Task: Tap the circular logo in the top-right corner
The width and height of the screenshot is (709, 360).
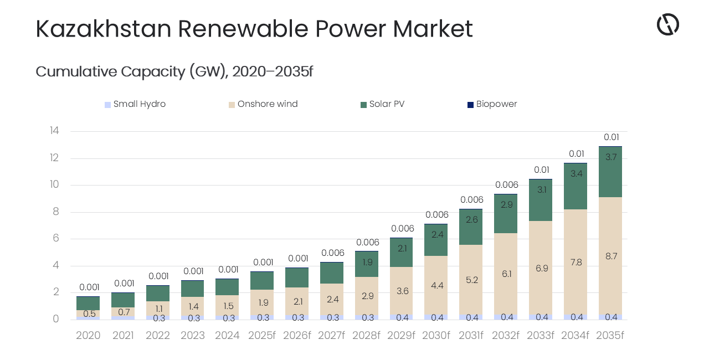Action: (x=667, y=25)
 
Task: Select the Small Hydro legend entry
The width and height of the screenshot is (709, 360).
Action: (x=135, y=104)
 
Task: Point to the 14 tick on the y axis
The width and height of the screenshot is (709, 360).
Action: (x=54, y=131)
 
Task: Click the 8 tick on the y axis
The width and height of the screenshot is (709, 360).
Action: (x=55, y=212)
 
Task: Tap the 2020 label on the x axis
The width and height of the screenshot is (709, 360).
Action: (x=88, y=336)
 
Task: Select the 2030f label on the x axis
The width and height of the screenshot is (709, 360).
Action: (x=436, y=336)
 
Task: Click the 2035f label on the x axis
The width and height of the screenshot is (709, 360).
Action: (x=610, y=336)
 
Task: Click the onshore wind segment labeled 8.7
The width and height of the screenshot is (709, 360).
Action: (x=610, y=256)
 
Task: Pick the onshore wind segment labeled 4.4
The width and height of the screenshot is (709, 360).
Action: (x=436, y=285)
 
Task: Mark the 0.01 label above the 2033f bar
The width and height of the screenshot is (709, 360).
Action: (x=541, y=170)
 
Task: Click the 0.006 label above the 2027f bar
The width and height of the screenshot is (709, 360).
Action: (x=332, y=253)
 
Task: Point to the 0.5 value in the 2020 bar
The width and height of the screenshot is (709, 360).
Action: (x=89, y=314)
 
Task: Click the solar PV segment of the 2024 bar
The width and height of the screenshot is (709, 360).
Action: (x=227, y=287)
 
